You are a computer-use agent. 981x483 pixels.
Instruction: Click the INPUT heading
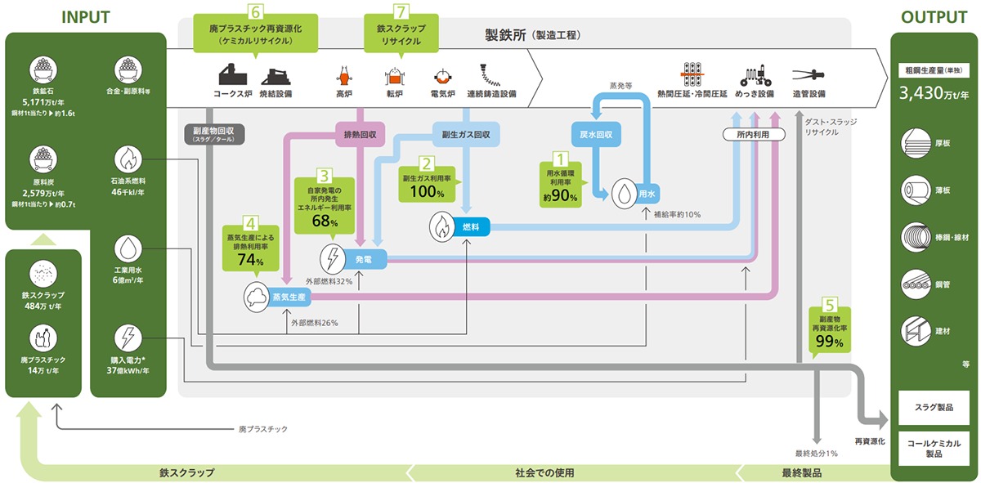[x=85, y=17]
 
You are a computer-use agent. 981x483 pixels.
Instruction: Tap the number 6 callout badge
[x=257, y=12]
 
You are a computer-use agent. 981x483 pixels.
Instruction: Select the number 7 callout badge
[x=401, y=12]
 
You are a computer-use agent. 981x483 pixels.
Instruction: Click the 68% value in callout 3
[x=325, y=222]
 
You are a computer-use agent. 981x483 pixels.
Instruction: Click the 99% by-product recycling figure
[x=828, y=342]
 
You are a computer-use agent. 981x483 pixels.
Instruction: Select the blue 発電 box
[x=363, y=258]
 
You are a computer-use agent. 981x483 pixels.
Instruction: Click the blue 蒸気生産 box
[x=289, y=297]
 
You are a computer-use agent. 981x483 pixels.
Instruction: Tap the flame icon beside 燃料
[x=441, y=225]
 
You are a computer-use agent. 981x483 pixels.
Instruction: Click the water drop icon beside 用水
[x=623, y=192]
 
